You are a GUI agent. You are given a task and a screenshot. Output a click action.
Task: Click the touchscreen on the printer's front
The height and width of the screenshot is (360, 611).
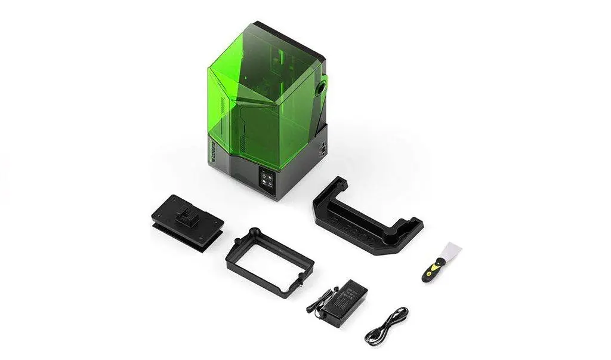266,179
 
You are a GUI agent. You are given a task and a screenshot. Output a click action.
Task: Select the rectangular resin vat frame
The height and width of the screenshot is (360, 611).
270,257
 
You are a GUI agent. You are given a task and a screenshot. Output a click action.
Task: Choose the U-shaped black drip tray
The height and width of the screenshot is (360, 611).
365,215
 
